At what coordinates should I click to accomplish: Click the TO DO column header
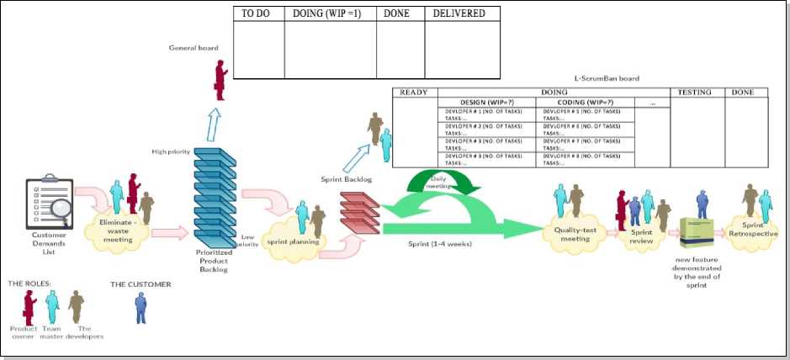[x=257, y=14]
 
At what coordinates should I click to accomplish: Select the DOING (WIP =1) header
[x=327, y=14]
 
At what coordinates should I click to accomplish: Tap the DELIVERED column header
[x=459, y=14]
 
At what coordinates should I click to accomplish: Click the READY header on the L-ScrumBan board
[x=415, y=92]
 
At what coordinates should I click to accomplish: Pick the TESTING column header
[x=695, y=92]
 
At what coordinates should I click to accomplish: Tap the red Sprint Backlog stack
[x=360, y=209]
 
